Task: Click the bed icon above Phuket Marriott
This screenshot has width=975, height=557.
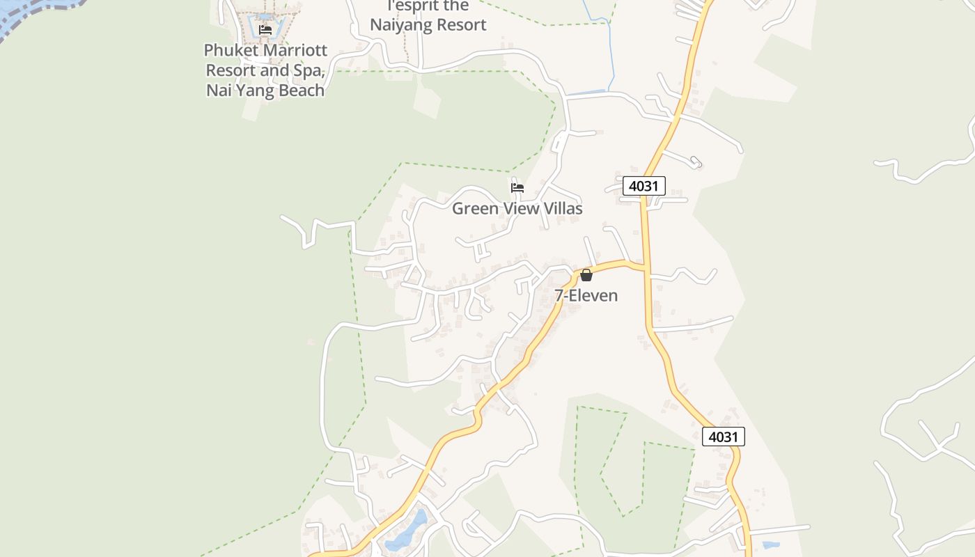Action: click(x=265, y=30)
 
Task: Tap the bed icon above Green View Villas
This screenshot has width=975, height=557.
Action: click(x=517, y=187)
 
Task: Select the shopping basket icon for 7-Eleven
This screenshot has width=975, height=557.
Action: click(x=586, y=275)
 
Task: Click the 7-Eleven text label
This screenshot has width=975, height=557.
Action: click(x=586, y=295)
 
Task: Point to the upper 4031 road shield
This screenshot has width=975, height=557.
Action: click(x=644, y=186)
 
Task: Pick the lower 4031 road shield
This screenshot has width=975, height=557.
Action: click(x=723, y=437)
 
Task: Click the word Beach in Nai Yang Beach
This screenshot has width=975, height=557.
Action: click(x=301, y=90)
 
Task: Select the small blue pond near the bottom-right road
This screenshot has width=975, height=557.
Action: click(x=771, y=545)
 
